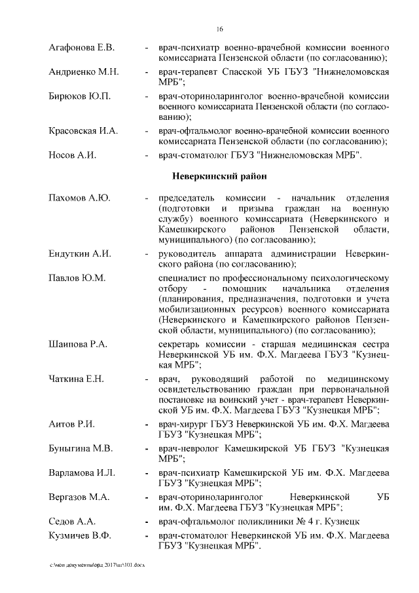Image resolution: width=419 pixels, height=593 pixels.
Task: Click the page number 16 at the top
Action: (x=219, y=29)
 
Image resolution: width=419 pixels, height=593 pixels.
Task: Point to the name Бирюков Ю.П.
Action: (x=80, y=96)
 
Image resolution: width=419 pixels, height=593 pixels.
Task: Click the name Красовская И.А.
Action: (x=83, y=131)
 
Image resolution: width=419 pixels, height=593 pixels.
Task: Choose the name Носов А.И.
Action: (x=73, y=155)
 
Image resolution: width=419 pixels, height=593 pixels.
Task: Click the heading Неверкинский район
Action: (x=219, y=176)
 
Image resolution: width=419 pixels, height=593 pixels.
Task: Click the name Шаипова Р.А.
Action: (x=78, y=344)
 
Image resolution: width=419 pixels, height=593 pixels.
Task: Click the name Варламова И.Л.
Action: (x=82, y=472)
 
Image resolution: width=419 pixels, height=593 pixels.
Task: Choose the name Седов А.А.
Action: (x=73, y=521)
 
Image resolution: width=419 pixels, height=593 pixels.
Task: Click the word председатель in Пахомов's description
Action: (x=187, y=198)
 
